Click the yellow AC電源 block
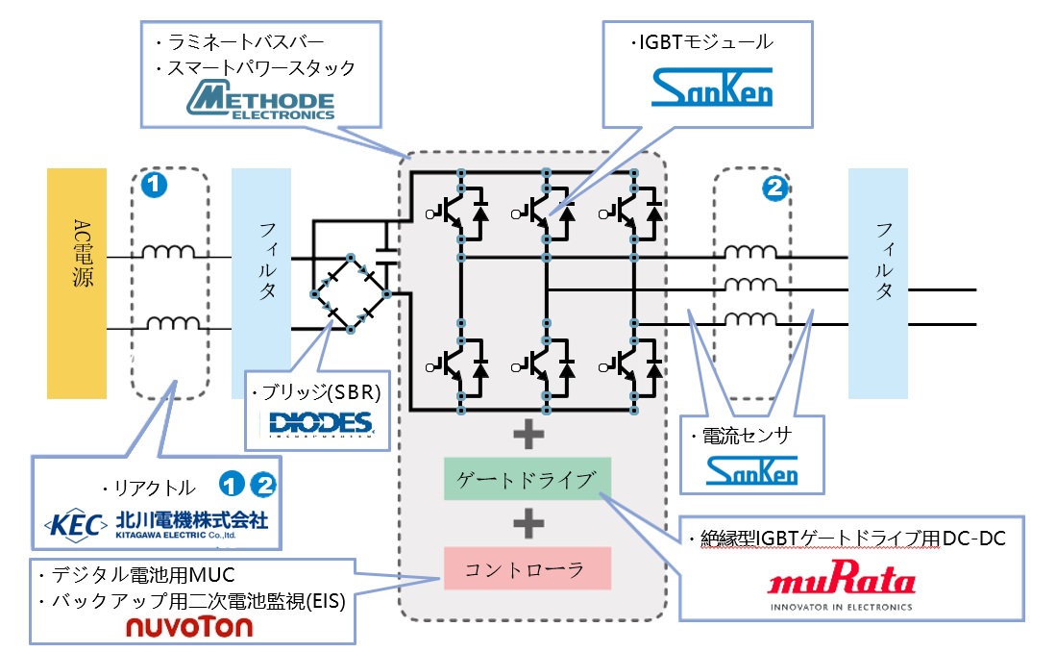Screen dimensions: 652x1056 tap(77, 283)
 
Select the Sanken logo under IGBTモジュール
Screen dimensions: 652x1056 tap(711, 88)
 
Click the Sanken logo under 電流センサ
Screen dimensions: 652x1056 tap(751, 470)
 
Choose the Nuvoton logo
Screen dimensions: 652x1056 tap(189, 627)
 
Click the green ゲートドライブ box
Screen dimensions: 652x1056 tap(527, 479)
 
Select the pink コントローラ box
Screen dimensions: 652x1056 tap(527, 568)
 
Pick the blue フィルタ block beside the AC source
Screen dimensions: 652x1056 tap(260, 283)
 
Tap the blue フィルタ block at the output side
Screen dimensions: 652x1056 tap(877, 283)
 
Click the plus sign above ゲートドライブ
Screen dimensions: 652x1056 tap(527, 436)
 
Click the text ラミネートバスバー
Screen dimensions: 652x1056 tap(235, 42)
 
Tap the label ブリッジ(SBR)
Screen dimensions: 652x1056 tap(316, 394)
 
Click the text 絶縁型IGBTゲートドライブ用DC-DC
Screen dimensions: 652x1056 tap(847, 539)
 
